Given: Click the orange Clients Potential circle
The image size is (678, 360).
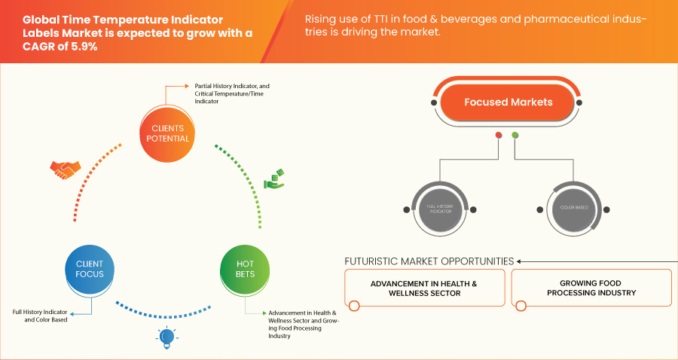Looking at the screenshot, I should point(166,133).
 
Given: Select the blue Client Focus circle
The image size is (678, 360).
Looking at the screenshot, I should point(90,269).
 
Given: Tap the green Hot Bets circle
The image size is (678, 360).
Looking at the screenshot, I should point(246,269).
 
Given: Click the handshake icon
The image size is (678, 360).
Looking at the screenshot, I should point(63,170).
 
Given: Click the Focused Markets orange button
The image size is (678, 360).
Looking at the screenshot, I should point(508,102).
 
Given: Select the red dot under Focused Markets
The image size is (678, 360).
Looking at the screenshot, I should point(499,136).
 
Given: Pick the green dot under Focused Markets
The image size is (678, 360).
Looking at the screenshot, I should point(515,136).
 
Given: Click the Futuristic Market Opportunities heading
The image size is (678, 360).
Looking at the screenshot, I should point(429,261).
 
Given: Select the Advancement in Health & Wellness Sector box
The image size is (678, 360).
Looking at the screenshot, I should point(423,288).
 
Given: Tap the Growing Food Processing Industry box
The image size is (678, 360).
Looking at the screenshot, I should point(591,288).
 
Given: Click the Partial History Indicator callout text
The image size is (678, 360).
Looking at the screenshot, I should point(226,93).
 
